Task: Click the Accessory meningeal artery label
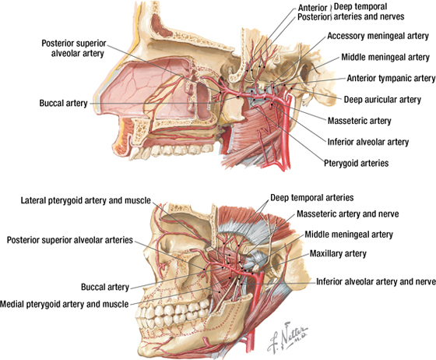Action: pos(378,36)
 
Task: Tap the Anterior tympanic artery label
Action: pos(391,79)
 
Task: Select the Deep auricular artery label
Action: pos(382,100)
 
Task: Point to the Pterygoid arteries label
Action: pos(357,163)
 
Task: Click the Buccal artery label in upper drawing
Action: pos(63,103)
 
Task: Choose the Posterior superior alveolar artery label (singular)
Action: pos(75,48)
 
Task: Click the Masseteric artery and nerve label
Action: pos(348,214)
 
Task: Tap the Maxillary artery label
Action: pos(338,254)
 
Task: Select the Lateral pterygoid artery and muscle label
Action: pos(86,200)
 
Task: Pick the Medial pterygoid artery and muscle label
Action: pos(64,304)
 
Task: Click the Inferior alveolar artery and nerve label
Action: pos(376,282)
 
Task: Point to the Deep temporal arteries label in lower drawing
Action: pos(312,198)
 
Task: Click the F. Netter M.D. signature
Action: pos(287,337)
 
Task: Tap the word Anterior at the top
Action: pos(312,8)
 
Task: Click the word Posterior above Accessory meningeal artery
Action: pos(314,17)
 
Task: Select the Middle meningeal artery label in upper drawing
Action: pos(385,58)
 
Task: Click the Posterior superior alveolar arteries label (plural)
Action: pos(70,240)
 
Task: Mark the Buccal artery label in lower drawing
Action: pos(105,287)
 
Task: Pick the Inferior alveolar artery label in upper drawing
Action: pos(368,142)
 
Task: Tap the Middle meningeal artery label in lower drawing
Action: pos(349,235)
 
